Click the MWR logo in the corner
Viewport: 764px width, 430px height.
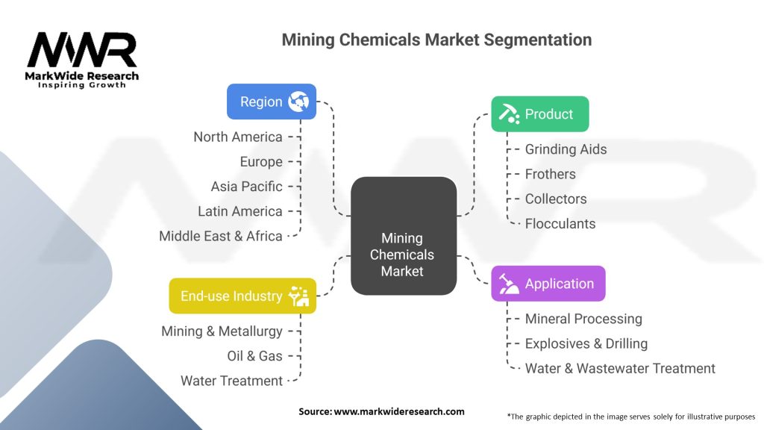coord(82,60)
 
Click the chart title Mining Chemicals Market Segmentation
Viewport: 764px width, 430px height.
coord(436,40)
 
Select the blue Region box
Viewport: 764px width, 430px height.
coord(272,102)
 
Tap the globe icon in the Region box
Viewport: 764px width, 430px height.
coord(298,102)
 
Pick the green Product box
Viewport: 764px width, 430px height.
coord(540,114)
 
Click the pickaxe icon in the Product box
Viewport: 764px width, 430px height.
coord(508,113)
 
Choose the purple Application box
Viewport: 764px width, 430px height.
coord(548,283)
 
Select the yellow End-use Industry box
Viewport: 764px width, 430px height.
coord(242,296)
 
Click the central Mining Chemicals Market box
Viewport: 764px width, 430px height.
coord(404,235)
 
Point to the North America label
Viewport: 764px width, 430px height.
coord(238,137)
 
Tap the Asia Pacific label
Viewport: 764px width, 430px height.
coord(246,186)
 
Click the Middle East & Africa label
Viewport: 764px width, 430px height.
coord(221,236)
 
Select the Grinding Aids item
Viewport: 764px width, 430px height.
coord(566,149)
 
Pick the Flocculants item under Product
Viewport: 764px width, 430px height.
coord(560,224)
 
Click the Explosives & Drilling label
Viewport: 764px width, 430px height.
coord(586,343)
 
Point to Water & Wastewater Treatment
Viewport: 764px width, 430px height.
coord(620,369)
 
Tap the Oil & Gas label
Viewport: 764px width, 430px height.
coord(255,356)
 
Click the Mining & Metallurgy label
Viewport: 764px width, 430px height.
coord(222,331)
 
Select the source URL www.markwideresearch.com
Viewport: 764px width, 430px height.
coord(399,411)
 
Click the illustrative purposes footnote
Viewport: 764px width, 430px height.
coord(631,417)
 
